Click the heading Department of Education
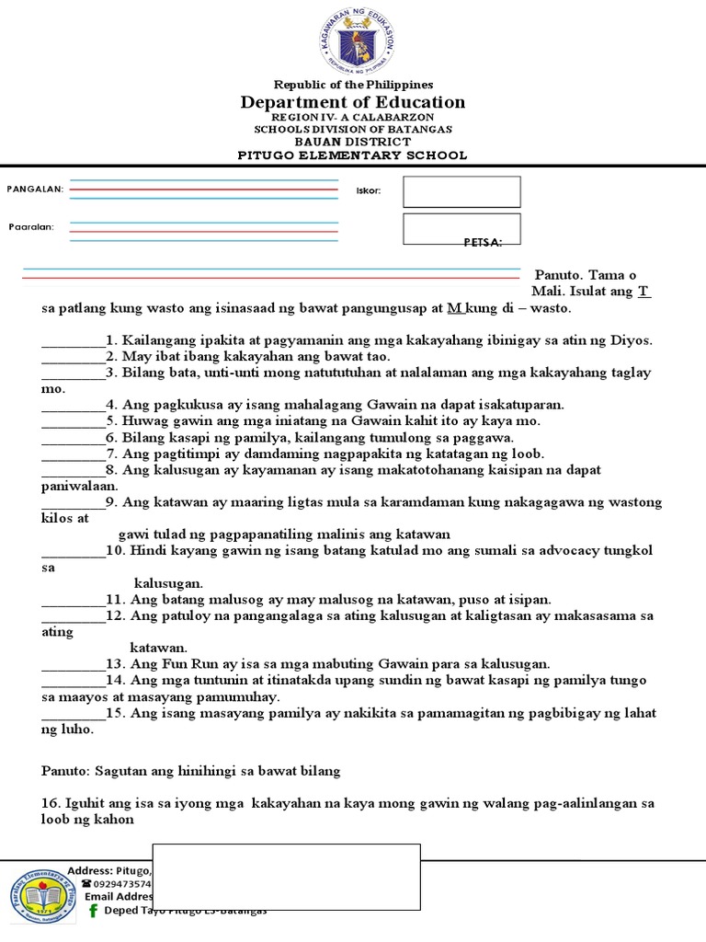coord(353,102)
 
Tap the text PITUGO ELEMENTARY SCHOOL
coord(353,155)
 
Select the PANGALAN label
coord(35,189)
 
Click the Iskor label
coord(368,190)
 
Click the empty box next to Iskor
coord(461,191)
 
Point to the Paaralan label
coord(31,226)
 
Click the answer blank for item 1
coord(74,340)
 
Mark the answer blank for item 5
coord(74,420)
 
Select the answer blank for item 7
coord(74,454)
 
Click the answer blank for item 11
coord(74,599)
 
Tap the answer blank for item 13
coord(74,663)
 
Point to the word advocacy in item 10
coord(566,550)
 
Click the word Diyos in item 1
coord(631,339)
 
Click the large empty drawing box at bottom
coord(286,876)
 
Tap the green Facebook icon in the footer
coord(93,910)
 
